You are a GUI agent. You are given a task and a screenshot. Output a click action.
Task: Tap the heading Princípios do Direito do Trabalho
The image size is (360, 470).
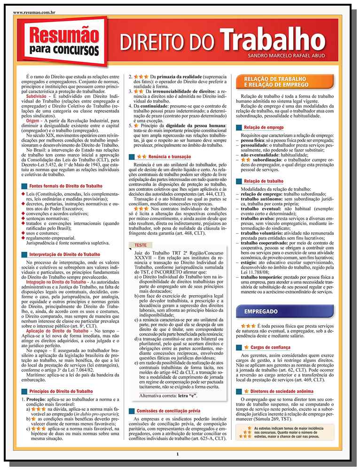click(61, 391)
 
